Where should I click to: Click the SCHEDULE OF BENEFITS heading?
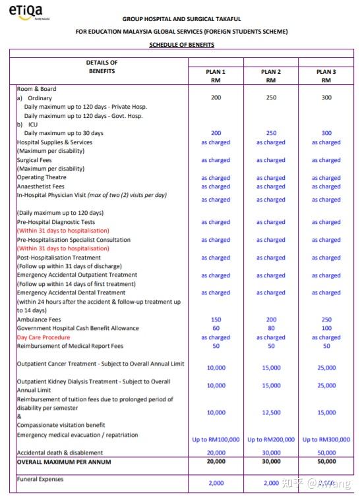pyautogui.click(x=181, y=44)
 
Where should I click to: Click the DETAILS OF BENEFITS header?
pyautogui.click(x=102, y=67)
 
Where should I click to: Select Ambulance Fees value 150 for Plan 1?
pyautogui.click(x=216, y=319)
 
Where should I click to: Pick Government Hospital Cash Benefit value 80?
pyautogui.click(x=271, y=328)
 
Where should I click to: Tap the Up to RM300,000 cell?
pyautogui.click(x=326, y=439)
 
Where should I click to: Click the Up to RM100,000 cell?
pyautogui.click(x=216, y=439)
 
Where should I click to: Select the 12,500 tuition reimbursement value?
pyautogui.click(x=271, y=412)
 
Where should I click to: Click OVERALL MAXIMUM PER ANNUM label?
pyautogui.click(x=64, y=462)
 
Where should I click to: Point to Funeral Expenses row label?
pyautogui.click(x=40, y=479)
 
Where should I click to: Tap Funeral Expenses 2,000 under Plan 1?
pyautogui.click(x=216, y=483)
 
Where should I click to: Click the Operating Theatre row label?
pyautogui.click(x=42, y=177)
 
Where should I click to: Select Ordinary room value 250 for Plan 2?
pyautogui.click(x=271, y=97)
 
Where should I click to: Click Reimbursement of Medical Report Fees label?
pyautogui.click(x=69, y=346)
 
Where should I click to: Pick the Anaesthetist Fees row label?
pyautogui.click(x=42, y=186)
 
